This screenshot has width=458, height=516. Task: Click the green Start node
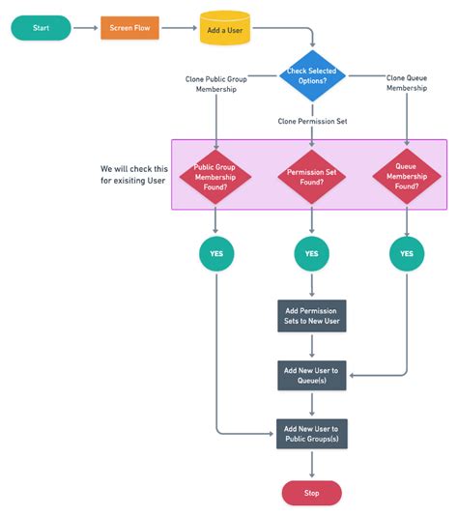click(41, 28)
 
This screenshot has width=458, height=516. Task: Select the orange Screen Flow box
click(130, 28)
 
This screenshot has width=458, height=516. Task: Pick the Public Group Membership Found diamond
click(216, 175)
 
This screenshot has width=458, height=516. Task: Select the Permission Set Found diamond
click(311, 175)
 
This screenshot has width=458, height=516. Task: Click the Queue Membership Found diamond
click(407, 175)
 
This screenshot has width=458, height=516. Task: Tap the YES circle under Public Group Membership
click(216, 254)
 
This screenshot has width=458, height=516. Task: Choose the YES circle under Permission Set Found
click(311, 254)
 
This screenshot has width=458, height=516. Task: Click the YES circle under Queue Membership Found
click(407, 254)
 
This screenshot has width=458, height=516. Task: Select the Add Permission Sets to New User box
click(311, 315)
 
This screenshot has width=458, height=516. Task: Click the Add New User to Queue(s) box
click(311, 374)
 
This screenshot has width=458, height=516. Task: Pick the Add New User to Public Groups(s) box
click(311, 433)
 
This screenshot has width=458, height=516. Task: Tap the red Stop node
click(311, 492)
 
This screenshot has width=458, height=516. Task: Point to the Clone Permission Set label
click(311, 121)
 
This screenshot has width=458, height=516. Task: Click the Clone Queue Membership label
click(407, 83)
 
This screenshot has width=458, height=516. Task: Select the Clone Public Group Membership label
click(216, 83)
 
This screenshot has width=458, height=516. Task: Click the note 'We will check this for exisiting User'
click(133, 174)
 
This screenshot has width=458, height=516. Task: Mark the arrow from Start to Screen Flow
click(85, 28)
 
